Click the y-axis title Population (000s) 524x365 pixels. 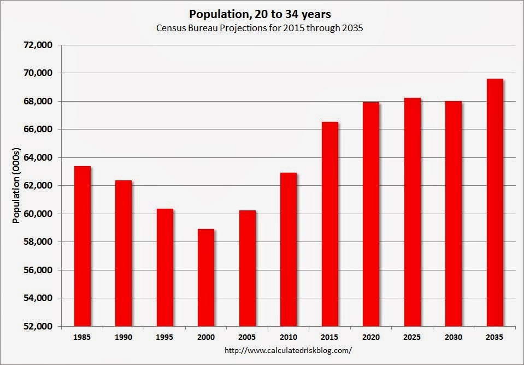click(x=16, y=185)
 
